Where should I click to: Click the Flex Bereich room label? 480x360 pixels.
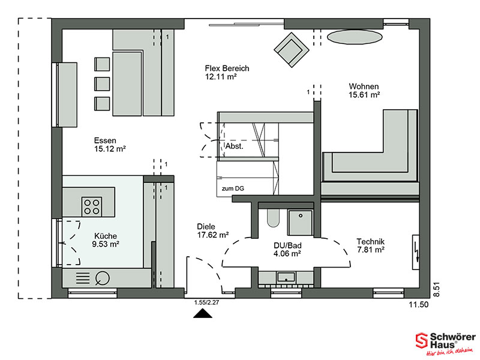tap(227, 68)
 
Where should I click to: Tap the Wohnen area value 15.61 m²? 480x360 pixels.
tap(364, 95)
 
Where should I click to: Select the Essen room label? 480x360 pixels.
tap(105, 140)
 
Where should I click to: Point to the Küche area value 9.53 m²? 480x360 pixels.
tap(106, 244)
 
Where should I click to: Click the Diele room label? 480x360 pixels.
tap(206, 227)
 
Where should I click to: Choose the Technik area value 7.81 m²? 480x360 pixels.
tap(371, 250)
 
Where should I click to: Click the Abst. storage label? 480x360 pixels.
tap(235, 146)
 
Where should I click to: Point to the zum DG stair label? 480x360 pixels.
tap(233, 188)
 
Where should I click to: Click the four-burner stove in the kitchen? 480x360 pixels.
tap(92, 206)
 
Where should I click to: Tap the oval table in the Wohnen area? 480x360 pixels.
tap(355, 37)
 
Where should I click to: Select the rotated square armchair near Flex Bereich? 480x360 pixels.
tap(292, 50)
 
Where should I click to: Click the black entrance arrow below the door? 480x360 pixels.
tap(203, 314)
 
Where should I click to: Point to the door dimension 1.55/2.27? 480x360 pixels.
tap(206, 303)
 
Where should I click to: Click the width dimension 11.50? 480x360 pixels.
tap(419, 305)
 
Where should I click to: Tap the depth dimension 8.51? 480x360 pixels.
tap(436, 289)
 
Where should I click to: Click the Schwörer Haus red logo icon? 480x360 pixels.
tap(422, 340)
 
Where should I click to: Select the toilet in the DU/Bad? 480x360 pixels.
tap(273, 218)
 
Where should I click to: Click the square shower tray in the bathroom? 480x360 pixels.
tap(301, 223)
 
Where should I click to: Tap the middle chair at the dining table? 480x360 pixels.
tap(102, 84)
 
